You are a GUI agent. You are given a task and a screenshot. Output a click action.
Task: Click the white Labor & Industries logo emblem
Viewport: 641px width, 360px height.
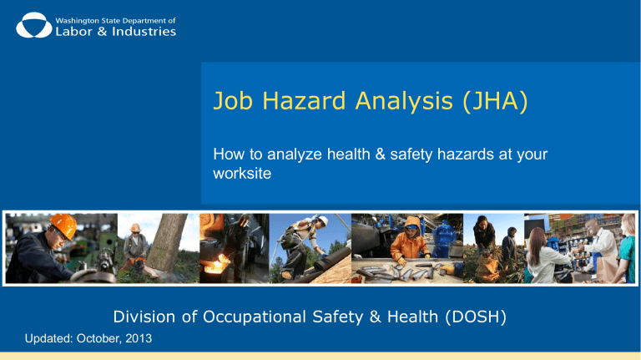coord(34,25)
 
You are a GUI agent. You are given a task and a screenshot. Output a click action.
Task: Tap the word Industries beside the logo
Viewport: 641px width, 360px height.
coord(144,32)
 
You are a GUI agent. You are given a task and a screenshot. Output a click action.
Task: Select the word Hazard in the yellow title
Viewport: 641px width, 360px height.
coord(304,100)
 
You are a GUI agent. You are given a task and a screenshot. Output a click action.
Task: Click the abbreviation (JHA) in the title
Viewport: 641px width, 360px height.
coord(495,101)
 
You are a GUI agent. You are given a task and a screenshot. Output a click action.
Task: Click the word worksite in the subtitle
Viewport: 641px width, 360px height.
coord(242,174)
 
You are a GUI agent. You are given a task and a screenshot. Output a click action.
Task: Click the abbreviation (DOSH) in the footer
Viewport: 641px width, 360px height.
coord(476,317)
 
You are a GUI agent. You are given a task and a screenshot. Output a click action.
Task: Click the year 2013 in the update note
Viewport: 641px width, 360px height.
coord(139,338)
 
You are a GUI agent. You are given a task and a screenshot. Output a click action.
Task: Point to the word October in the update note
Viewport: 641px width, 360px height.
coord(99,338)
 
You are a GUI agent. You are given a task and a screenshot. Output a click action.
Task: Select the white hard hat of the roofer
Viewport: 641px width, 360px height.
coord(323,221)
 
